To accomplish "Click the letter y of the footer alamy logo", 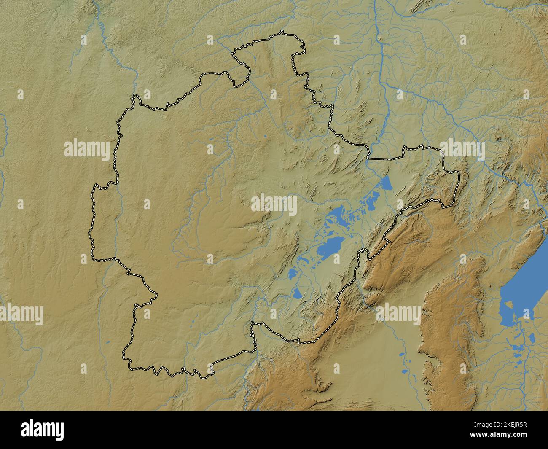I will point(59,431).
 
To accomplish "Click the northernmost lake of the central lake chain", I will point(385,183).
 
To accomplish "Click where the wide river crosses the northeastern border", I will point(368,155).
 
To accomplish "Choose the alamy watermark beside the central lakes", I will point(274,204).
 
